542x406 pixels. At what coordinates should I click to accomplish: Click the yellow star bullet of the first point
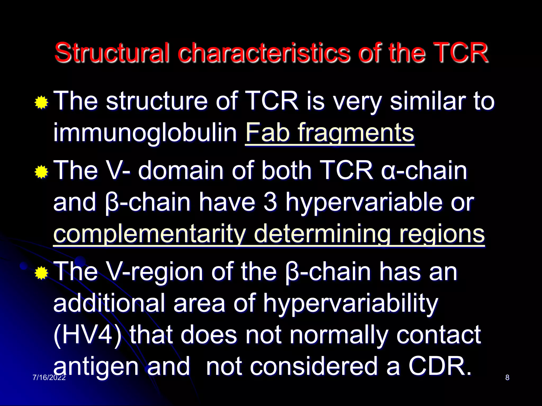tap(41, 103)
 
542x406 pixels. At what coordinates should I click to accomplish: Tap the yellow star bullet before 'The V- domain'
tap(41, 172)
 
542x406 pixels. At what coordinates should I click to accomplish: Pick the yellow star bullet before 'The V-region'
tap(41, 273)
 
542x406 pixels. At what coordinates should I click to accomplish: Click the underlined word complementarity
tap(150, 234)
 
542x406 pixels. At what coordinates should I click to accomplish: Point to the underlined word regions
tap(442, 234)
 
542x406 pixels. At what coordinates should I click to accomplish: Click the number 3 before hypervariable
tap(270, 202)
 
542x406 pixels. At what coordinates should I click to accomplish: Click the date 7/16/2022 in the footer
tap(49, 377)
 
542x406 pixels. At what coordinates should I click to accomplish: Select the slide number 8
tap(507, 377)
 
